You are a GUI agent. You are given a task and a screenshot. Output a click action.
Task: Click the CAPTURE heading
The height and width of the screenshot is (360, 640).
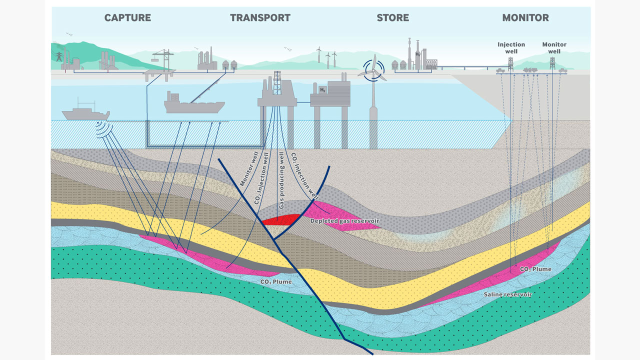click(127, 18)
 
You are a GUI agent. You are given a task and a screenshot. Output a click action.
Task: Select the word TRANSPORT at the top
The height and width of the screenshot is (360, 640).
click(260, 18)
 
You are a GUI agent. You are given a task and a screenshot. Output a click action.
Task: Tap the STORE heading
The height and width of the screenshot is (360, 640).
click(392, 18)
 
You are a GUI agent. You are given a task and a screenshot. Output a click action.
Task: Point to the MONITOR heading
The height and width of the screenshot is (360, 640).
click(525, 18)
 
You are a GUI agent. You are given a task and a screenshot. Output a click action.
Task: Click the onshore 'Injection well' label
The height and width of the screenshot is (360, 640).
click(511, 47)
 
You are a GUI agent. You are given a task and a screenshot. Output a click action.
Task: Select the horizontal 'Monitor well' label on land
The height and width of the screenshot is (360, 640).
click(554, 47)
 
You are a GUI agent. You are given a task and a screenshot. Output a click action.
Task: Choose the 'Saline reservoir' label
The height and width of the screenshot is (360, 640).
click(507, 294)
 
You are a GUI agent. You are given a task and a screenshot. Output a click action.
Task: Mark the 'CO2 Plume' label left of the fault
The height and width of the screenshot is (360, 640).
click(275, 282)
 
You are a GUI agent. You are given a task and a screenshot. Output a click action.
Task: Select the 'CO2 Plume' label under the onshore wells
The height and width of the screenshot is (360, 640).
click(535, 269)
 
